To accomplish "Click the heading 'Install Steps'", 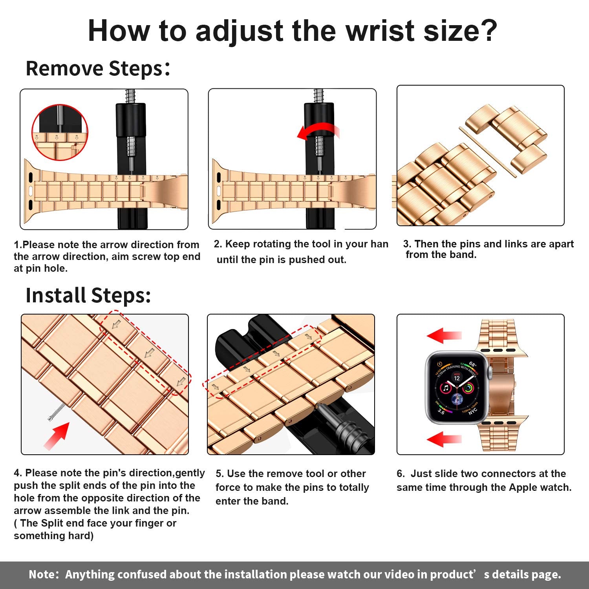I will pyautogui.click(x=88, y=295).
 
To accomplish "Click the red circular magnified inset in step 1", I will pyautogui.click(x=60, y=132).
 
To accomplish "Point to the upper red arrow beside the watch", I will pyautogui.click(x=444, y=336).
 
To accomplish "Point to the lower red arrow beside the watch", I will pyautogui.click(x=444, y=439).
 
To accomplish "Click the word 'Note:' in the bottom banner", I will pyautogui.click(x=44, y=574).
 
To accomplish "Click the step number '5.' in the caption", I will pyautogui.click(x=220, y=474).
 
